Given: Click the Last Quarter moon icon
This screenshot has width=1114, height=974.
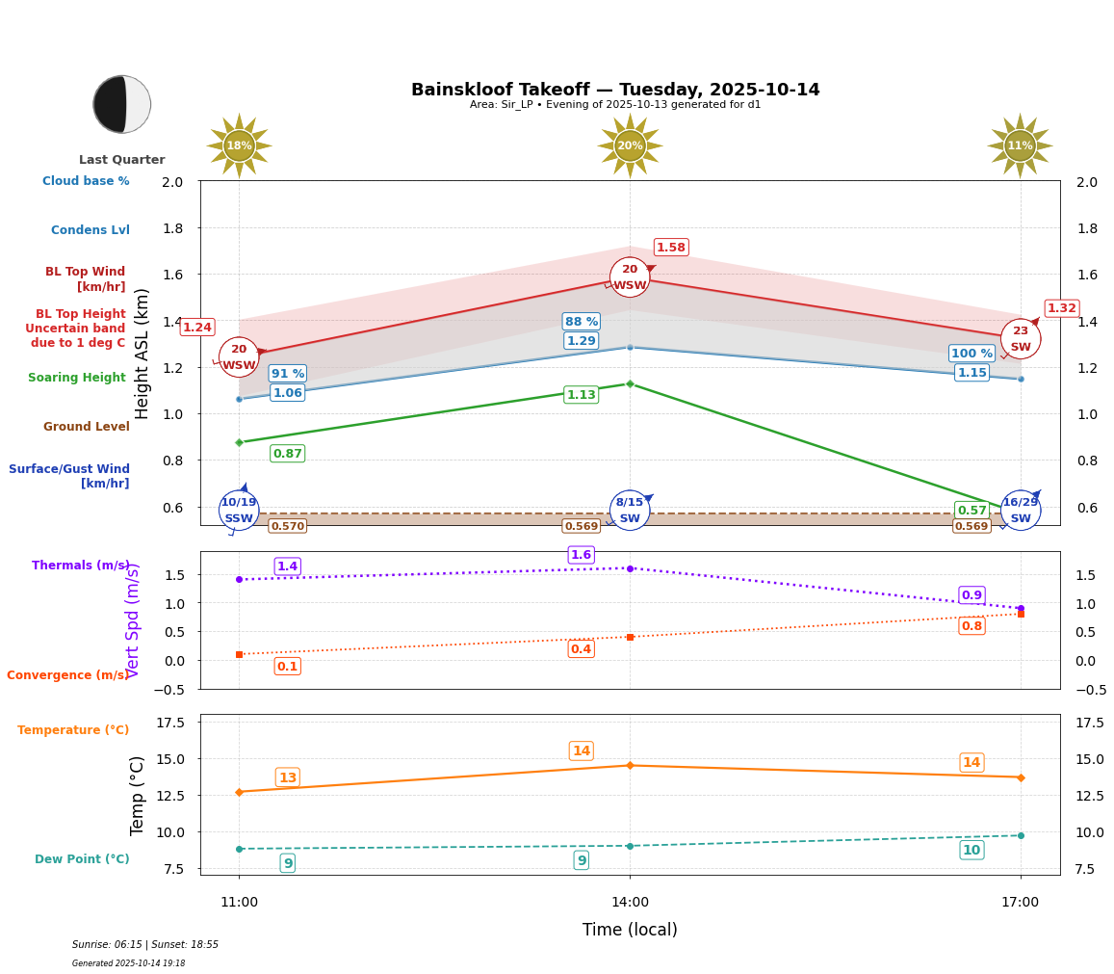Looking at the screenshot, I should [x=122, y=104].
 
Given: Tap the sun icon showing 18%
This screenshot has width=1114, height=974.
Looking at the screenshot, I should [x=239, y=146].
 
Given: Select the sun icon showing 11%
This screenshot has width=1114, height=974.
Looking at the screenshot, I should [x=1020, y=146].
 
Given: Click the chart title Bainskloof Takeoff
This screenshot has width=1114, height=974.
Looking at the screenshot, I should [x=615, y=90].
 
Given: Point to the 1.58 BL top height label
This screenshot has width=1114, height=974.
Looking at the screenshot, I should [x=671, y=248].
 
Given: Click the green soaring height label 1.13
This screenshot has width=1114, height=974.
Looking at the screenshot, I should [x=581, y=395].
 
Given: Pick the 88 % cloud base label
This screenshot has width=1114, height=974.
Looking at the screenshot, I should [x=581, y=322].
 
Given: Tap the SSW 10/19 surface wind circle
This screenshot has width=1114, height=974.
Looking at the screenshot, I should [x=239, y=510].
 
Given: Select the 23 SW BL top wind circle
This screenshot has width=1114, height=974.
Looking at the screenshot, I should [x=1020, y=339].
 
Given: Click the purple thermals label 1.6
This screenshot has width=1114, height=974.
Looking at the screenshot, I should [x=581, y=555].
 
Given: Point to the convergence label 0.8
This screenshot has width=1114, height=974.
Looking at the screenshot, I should [x=972, y=626].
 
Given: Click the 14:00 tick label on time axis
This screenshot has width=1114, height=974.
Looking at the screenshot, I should [x=630, y=903].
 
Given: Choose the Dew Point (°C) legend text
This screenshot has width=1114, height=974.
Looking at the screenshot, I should [x=82, y=859].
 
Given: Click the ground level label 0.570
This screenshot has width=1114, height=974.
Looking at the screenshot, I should [x=287, y=526].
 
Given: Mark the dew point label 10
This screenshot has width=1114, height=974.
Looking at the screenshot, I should [x=972, y=850].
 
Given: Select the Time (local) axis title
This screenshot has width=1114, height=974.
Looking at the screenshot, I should [x=630, y=930].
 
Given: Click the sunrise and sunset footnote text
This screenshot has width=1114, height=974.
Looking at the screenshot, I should [x=145, y=945].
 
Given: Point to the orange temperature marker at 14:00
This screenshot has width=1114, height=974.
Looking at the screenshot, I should [x=630, y=766].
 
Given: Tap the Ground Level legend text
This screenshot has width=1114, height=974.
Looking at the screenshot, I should [x=86, y=427].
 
